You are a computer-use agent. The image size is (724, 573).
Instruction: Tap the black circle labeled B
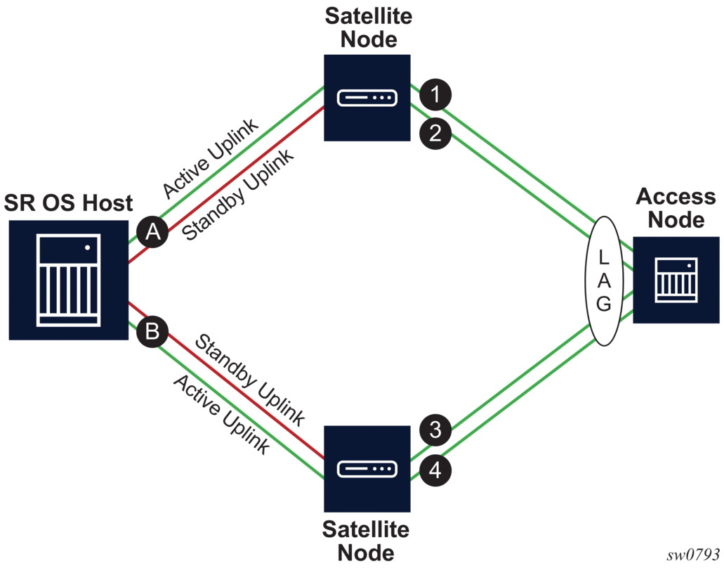(x=152, y=330)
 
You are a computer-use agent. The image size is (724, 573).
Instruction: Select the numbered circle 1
(x=435, y=95)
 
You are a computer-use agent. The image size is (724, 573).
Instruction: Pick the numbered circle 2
(x=435, y=134)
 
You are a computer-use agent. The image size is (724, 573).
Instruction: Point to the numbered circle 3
(x=435, y=430)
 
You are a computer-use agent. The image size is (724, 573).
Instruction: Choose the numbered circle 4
(x=435, y=469)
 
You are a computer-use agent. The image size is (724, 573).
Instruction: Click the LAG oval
(x=604, y=279)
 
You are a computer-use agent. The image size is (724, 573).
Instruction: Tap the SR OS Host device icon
(x=68, y=279)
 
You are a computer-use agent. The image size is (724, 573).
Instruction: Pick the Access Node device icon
(x=676, y=279)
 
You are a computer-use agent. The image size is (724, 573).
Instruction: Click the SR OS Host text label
(x=68, y=204)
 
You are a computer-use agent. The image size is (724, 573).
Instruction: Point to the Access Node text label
(x=676, y=207)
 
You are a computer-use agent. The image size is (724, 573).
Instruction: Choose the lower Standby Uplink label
(x=249, y=380)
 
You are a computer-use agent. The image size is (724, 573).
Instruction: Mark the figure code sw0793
(x=693, y=555)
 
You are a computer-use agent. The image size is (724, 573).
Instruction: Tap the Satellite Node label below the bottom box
(x=365, y=540)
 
